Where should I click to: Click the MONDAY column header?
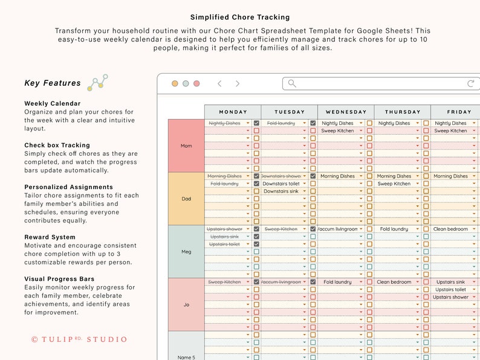point(233,112)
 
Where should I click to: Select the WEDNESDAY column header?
point(346,112)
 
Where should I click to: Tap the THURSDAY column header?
point(403,112)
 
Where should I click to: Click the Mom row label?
point(186,146)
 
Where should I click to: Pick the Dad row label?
point(186,199)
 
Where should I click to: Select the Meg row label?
point(186,252)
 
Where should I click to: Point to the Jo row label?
point(186,304)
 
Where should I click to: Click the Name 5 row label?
point(186,356)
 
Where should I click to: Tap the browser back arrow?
point(219,84)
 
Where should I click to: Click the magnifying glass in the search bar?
point(292,84)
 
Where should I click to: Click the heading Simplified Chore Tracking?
point(240,18)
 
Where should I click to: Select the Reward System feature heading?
point(50,237)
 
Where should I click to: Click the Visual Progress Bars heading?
point(59,279)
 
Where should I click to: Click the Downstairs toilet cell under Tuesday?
point(281,184)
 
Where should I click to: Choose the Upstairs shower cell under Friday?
point(451,297)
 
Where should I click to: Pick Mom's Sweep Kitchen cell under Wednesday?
point(337,130)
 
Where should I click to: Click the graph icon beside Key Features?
point(97,83)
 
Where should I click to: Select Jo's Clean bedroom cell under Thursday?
point(395,282)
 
